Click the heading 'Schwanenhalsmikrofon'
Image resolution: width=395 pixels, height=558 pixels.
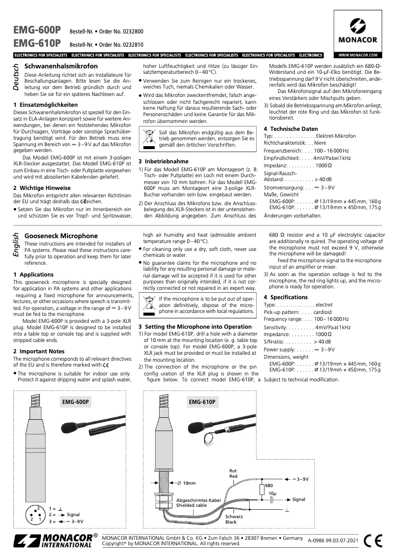coord(61,66)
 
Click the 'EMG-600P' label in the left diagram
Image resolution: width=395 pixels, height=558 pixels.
coord(76,402)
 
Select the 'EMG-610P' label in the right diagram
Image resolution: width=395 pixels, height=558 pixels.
coord(202,402)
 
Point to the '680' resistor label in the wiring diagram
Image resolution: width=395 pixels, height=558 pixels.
coord(269,486)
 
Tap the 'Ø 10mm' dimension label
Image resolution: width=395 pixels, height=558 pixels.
coord(186,483)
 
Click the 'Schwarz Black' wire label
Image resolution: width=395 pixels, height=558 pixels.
coord(231,519)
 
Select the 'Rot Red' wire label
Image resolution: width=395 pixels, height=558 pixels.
coord(233,474)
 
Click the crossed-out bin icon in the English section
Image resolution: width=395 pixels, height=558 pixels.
coord(148,303)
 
